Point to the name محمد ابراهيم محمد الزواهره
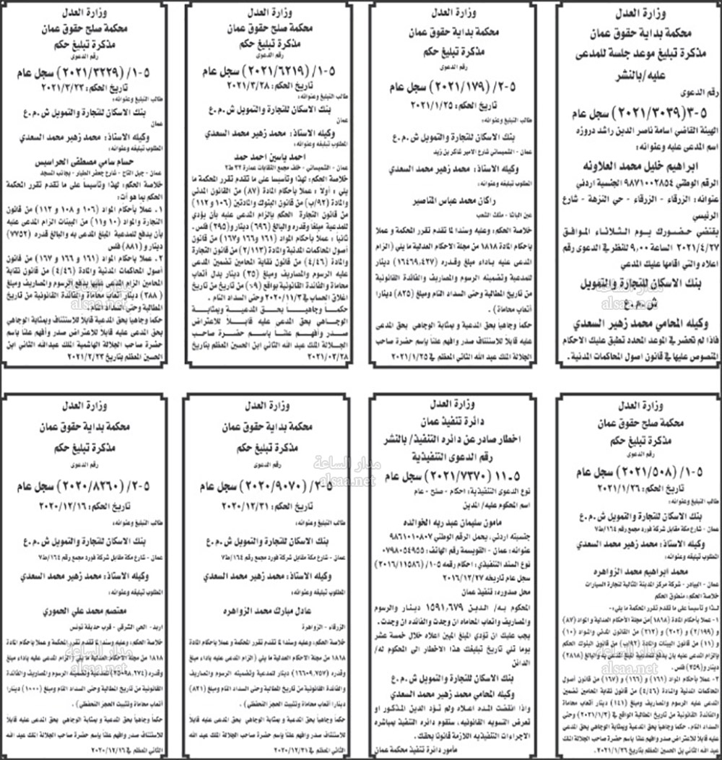(x=638, y=569)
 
